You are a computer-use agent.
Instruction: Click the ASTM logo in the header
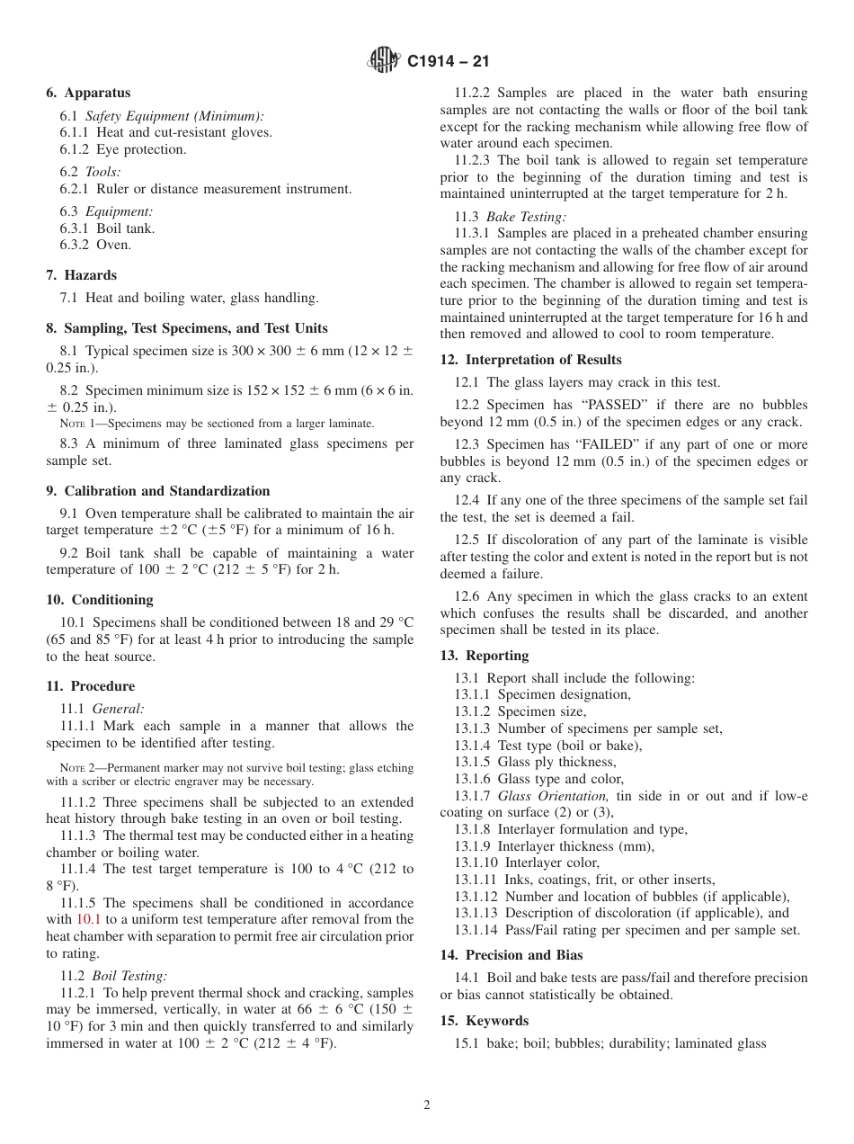click(x=384, y=61)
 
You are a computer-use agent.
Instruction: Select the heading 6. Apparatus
click(x=88, y=93)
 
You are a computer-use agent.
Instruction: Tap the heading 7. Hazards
click(x=81, y=275)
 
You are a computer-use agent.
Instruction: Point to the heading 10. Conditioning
click(x=100, y=600)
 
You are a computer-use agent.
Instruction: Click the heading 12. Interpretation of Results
click(x=530, y=360)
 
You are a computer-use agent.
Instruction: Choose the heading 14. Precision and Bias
click(x=512, y=955)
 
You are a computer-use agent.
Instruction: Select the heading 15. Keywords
click(x=485, y=1021)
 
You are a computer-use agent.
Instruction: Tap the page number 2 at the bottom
click(x=427, y=1105)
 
